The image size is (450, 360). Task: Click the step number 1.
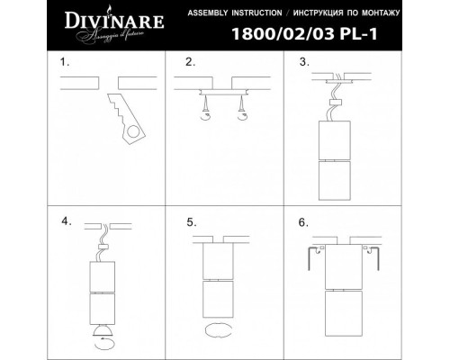coord(63,64)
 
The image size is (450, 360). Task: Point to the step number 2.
coord(189,64)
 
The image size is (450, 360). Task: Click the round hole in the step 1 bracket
coord(132,135)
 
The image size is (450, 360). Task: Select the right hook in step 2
coord(239,113)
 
